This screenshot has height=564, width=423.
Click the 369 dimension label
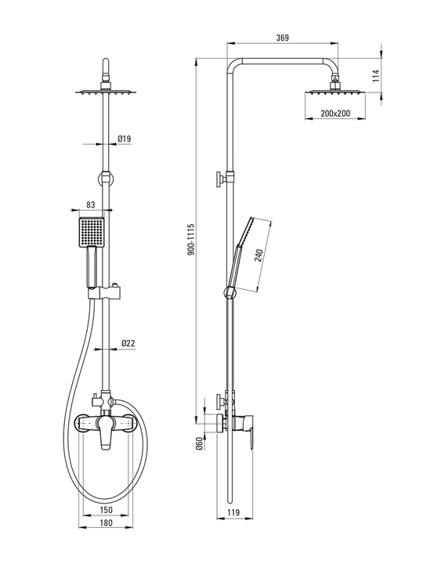282,38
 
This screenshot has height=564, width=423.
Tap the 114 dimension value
376,76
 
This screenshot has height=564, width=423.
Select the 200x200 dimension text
335,114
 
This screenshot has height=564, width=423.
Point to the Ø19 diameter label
125,139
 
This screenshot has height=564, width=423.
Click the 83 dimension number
91,204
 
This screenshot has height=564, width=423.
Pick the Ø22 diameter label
128,343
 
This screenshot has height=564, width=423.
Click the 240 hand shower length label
259,255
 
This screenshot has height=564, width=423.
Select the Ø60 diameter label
199,444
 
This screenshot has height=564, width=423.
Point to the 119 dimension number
233,512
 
